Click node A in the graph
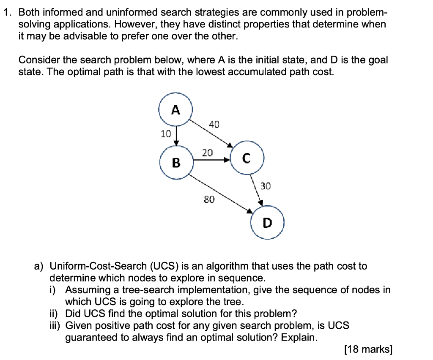click(x=175, y=110)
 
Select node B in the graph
click(x=176, y=162)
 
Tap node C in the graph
click(x=247, y=159)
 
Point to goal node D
click(x=267, y=222)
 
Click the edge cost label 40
click(x=214, y=124)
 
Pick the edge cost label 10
click(x=166, y=134)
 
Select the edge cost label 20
click(x=207, y=152)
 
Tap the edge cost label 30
click(x=266, y=185)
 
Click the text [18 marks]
click(x=368, y=349)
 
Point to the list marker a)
click(x=39, y=266)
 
